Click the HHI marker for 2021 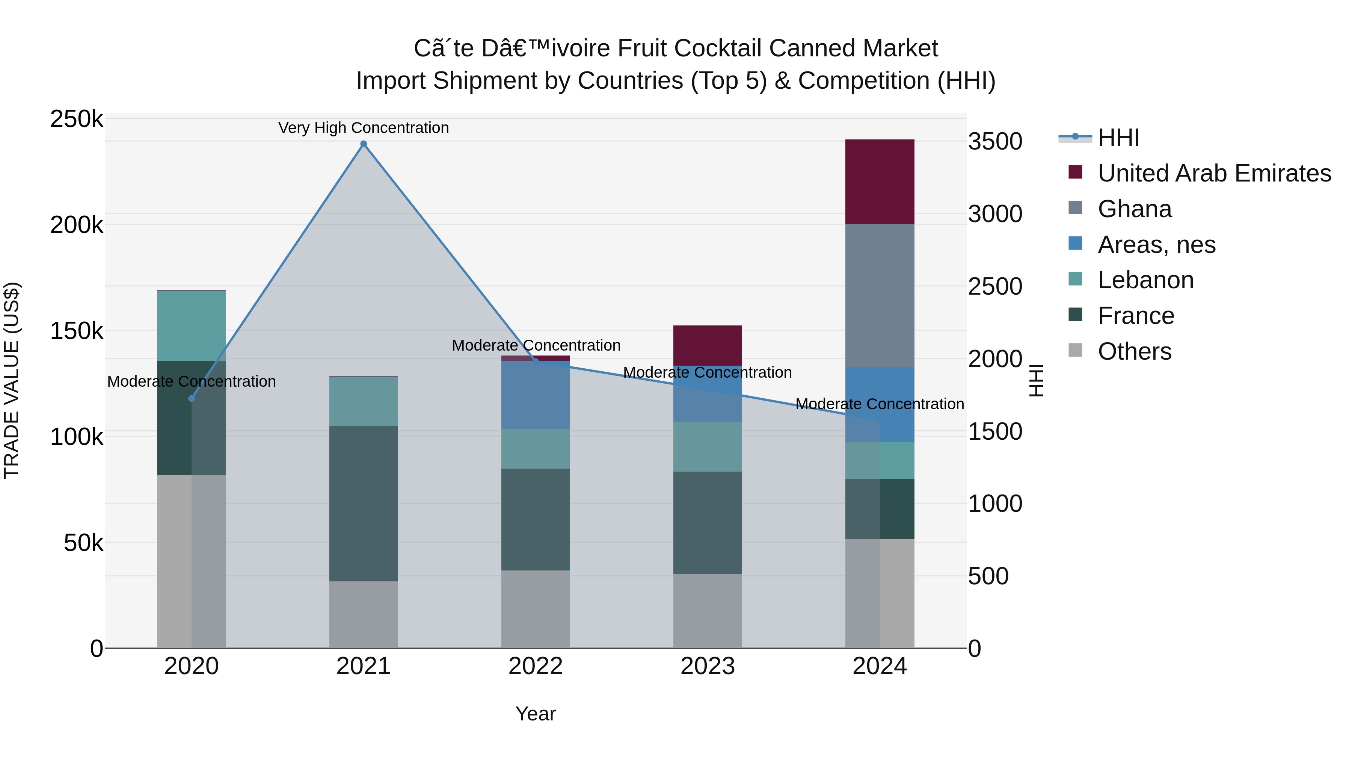click(x=363, y=144)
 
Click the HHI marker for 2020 click(x=192, y=399)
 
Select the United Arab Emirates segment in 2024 click(x=880, y=182)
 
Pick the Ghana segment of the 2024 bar click(x=880, y=296)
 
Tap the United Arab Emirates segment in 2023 click(x=708, y=346)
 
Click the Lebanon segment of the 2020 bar click(x=192, y=325)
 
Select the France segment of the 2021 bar click(x=363, y=503)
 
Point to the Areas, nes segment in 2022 click(x=535, y=395)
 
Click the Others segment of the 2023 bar click(x=708, y=611)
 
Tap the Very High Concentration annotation click(x=363, y=128)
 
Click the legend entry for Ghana click(x=1134, y=209)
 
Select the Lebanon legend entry click(x=1145, y=280)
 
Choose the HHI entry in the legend click(x=1118, y=138)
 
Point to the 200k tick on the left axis click(x=77, y=225)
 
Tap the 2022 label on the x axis click(x=535, y=666)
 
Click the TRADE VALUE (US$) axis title click(x=12, y=380)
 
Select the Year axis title click(x=535, y=714)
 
